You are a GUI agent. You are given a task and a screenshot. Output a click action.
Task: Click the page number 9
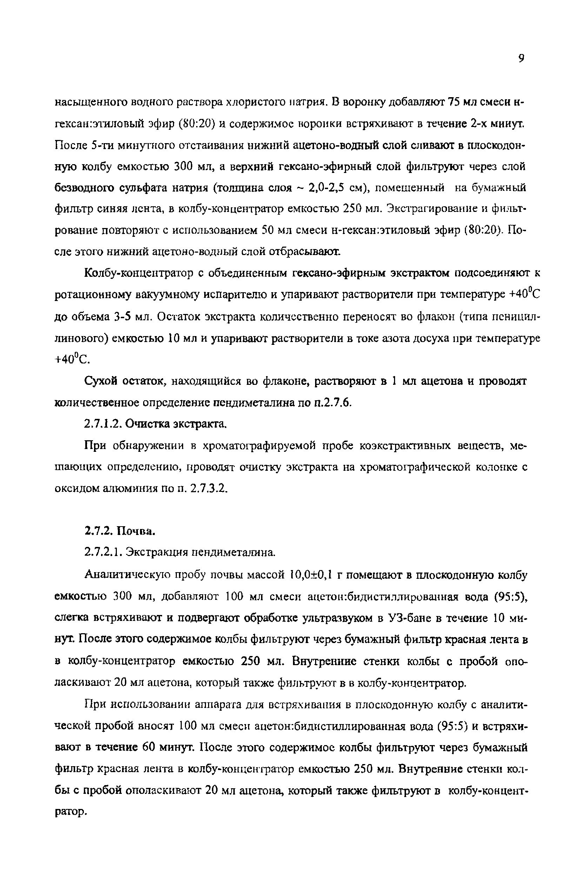(521, 58)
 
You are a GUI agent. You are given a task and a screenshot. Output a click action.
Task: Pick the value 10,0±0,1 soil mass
(311, 575)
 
